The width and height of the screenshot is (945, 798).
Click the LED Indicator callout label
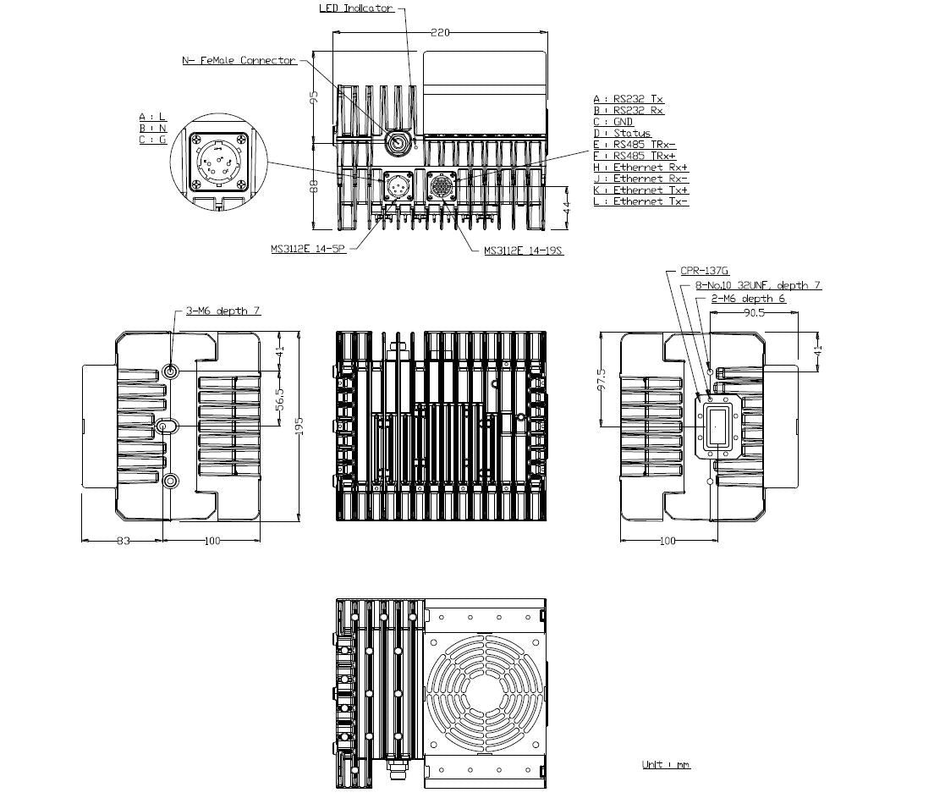[355, 8]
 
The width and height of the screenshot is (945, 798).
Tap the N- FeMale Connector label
[239, 60]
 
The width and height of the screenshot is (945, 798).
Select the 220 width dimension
[440, 32]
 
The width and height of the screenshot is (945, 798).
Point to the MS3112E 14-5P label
[309, 249]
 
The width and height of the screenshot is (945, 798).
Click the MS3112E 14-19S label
[524, 250]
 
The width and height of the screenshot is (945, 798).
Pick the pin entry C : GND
[613, 122]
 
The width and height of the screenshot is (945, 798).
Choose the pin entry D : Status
[622, 133]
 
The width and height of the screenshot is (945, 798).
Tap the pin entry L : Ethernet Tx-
[640, 201]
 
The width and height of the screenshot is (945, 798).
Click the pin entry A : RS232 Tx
[629, 99]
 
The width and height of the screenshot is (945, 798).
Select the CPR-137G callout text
[705, 272]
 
